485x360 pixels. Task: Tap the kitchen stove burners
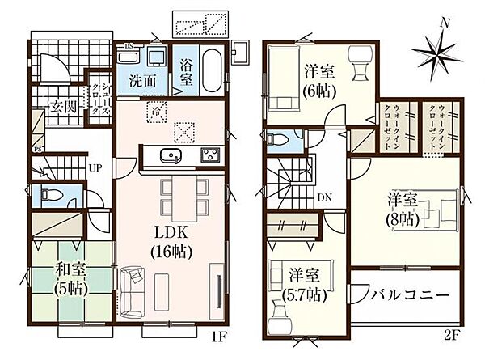click(x=209, y=155)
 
